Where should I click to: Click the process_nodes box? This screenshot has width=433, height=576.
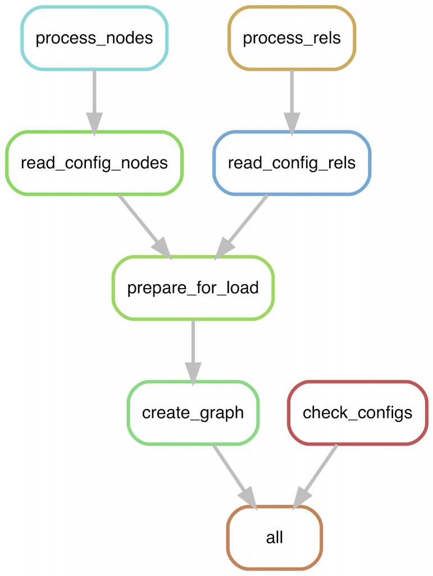coord(94,38)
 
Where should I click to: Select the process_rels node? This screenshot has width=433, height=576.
coord(291,38)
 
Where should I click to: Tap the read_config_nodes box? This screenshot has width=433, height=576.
coord(94,163)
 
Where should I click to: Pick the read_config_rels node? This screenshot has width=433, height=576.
coord(291,163)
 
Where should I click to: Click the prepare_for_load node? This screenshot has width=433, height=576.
coord(193,288)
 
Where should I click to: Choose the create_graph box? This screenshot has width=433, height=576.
coord(193,413)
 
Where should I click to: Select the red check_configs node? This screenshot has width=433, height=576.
coord(357,413)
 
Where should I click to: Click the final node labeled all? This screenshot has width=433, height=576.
coord(275,538)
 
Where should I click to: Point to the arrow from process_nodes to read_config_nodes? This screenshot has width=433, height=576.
coord(94,96)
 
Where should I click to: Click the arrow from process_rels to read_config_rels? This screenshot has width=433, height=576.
coord(291,96)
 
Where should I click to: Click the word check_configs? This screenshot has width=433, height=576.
coord(357,413)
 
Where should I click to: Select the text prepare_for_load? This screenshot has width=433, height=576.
coord(193,288)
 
